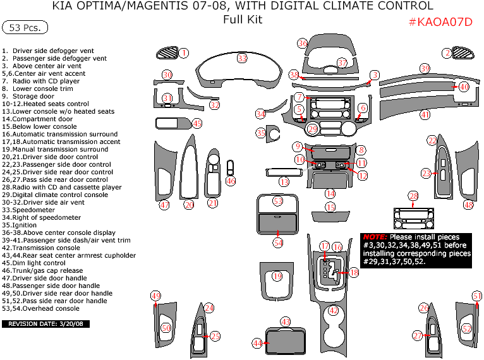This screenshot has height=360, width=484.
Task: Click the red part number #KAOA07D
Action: [x=440, y=22]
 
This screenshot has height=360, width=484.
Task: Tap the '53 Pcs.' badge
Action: [x=25, y=28]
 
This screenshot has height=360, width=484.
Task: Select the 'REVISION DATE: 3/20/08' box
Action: [x=46, y=324]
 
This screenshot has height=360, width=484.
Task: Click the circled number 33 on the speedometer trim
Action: [x=242, y=58]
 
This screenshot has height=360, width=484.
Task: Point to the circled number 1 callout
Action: [x=184, y=53]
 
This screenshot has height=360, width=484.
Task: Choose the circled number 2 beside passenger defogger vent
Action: [x=447, y=53]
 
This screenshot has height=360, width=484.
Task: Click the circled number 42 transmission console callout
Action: [x=334, y=310]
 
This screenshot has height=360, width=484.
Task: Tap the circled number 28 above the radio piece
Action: [x=413, y=196]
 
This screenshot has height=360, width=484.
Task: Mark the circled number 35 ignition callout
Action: [x=261, y=133]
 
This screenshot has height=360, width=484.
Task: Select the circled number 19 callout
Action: [x=277, y=276]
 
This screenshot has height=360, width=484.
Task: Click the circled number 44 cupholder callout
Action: [x=257, y=343]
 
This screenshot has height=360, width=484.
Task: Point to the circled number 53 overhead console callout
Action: [x=277, y=201]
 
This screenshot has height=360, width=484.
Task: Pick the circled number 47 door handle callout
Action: [x=164, y=205]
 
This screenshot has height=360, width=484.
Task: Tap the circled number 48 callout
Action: [x=468, y=205]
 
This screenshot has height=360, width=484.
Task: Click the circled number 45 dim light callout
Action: [x=197, y=124]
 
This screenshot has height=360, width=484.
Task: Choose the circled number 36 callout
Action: [x=303, y=43]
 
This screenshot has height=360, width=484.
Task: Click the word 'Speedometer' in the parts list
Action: [x=32, y=210]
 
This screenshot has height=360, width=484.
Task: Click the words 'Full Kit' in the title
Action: [x=243, y=19]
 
